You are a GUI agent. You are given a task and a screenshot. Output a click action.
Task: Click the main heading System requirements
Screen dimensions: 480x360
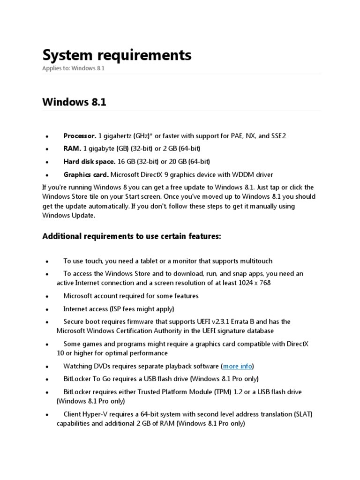pyautogui.click(x=117, y=55)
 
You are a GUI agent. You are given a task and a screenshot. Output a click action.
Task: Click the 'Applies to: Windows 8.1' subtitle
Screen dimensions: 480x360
pyautogui.click(x=73, y=68)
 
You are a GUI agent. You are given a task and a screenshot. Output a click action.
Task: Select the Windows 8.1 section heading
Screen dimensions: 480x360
pyautogui.click(x=74, y=102)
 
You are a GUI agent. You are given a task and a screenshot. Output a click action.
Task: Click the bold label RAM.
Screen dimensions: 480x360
pyautogui.click(x=72, y=149)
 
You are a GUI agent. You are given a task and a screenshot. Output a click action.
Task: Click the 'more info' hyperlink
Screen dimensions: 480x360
pyautogui.click(x=238, y=366)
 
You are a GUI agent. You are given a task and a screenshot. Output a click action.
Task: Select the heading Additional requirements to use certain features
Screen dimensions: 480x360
pyautogui.click(x=131, y=237)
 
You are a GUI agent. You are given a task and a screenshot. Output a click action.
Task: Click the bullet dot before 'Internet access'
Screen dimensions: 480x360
pyautogui.click(x=47, y=310)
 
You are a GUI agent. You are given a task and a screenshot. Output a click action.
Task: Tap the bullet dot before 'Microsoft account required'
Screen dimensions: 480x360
pyautogui.click(x=47, y=297)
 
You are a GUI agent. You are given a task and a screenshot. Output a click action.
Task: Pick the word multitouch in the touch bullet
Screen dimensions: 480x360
pyautogui.click(x=255, y=261)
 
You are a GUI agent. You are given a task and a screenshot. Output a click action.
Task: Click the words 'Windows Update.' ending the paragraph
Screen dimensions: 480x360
pyautogui.click(x=69, y=215)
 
